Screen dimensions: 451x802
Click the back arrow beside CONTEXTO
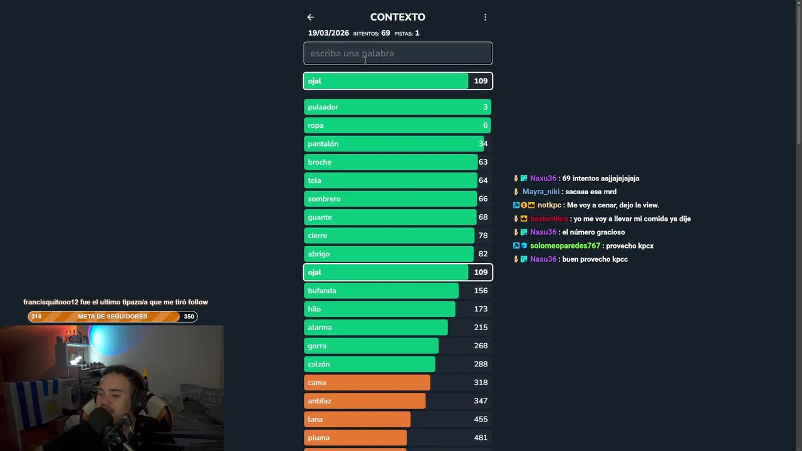pos(310,18)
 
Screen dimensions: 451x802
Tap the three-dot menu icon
pos(485,18)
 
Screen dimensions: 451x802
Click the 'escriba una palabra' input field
pos(398,53)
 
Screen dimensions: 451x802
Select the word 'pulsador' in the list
pos(323,107)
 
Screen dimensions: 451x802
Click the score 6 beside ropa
pos(485,125)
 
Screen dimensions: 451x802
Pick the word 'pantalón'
pos(323,143)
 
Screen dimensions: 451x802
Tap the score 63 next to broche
pos(482,162)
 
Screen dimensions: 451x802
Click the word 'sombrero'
pos(324,199)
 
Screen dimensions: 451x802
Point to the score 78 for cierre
pos(482,236)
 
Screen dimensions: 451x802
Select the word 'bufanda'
pos(322,291)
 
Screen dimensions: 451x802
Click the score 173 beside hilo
pos(481,309)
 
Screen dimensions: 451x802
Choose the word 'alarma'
pos(320,328)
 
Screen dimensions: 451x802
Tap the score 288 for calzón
pos(481,364)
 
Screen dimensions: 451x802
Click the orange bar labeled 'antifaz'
pos(364,401)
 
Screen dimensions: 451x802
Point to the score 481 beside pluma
pos(481,438)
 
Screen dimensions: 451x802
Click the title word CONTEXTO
pos(397,18)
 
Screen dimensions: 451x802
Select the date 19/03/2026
pos(328,33)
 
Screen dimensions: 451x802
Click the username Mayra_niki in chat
pos(541,192)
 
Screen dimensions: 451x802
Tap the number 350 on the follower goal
pos(189,316)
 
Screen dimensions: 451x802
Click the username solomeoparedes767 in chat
pos(565,246)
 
